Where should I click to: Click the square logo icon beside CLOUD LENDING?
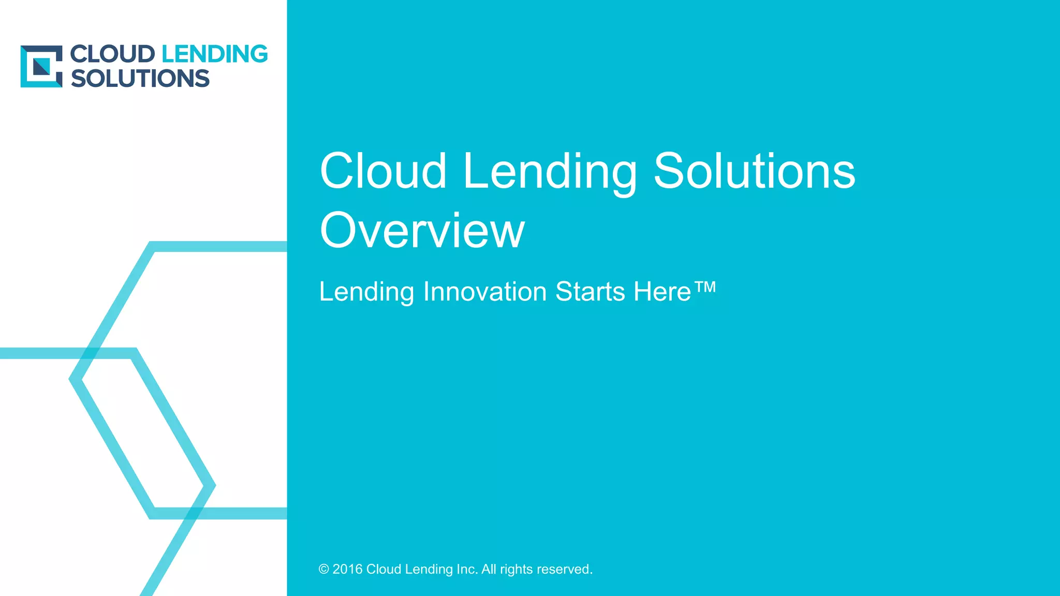point(41,66)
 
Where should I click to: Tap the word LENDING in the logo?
point(215,54)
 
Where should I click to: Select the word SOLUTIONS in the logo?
point(140,79)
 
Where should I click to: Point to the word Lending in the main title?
point(550,172)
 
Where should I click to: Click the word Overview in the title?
point(422,230)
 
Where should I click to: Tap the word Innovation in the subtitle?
point(485,291)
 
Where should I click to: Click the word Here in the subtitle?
point(662,291)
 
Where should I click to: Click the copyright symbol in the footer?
point(324,569)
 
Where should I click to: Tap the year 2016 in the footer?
point(347,569)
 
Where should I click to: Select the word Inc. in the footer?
point(467,569)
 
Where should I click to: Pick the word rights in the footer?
point(516,570)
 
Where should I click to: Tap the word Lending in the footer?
point(429,570)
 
